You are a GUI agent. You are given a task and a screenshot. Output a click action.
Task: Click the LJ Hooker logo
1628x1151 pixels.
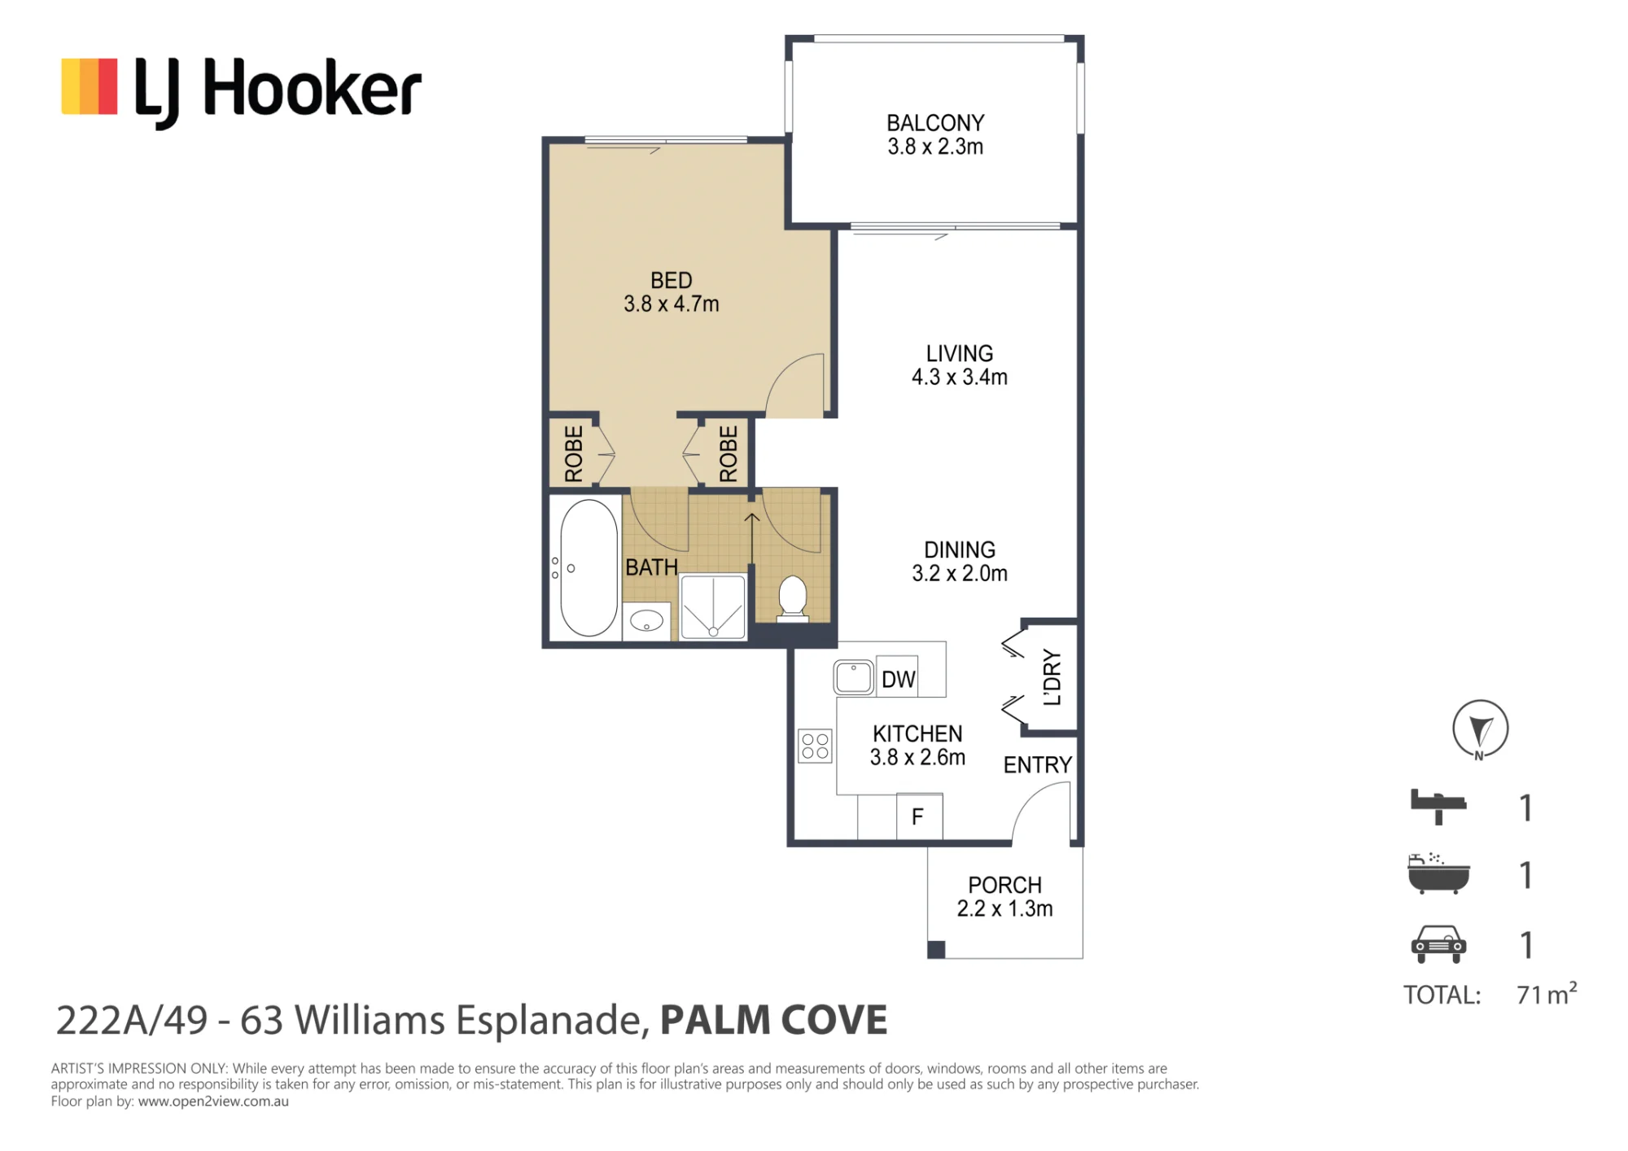[242, 91]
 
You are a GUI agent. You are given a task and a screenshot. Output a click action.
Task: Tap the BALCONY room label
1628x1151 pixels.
[935, 123]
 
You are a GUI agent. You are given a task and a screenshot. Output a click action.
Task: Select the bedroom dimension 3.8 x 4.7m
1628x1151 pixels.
[672, 304]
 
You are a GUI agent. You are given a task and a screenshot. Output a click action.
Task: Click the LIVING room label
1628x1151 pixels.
[960, 353]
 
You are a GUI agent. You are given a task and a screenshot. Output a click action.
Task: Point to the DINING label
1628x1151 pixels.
[960, 549]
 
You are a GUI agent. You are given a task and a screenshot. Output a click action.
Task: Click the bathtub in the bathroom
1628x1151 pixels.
[589, 567]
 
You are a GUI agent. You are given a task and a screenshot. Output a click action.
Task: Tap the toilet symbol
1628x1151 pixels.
[792, 598]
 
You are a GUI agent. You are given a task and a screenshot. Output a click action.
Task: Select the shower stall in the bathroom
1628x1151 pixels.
[713, 607]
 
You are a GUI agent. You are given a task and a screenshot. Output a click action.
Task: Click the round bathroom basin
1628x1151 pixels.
[647, 620]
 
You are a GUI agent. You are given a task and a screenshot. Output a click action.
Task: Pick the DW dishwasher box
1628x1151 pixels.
[898, 677]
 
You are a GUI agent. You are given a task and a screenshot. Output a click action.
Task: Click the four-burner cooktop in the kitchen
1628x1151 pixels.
[815, 746]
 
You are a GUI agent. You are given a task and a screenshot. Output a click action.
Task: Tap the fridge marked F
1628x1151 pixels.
[919, 816]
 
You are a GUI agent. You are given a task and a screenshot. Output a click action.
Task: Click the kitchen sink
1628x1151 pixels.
[854, 676]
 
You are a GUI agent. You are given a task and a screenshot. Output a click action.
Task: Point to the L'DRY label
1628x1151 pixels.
[1053, 677]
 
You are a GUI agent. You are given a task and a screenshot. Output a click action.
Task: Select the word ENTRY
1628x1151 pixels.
[1037, 765]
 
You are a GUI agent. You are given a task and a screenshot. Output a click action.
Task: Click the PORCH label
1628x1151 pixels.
[1004, 885]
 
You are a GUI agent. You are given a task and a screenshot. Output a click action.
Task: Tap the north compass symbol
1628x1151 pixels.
[1481, 729]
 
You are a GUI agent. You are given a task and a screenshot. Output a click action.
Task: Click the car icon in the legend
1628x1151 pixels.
[1438, 944]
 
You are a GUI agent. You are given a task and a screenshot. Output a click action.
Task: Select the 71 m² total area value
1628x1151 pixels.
[1547, 994]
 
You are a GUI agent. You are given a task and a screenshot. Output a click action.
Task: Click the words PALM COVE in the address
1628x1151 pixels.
[773, 1021]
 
